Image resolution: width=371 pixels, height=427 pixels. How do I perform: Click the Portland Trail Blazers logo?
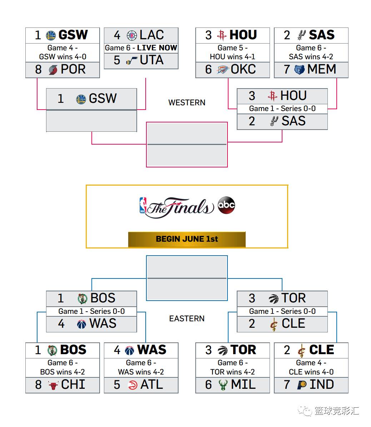tap(53, 70)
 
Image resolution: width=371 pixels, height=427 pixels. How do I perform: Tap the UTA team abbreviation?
tap(151, 60)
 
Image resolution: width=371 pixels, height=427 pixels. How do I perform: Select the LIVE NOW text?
tap(157, 48)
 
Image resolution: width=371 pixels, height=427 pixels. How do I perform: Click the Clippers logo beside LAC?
tap(132, 35)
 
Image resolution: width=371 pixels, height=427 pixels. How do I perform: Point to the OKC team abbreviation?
tap(243, 69)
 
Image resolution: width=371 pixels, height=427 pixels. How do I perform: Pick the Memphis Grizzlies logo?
tap(299, 70)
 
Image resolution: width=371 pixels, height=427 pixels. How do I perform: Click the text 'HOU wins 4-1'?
tap(232, 57)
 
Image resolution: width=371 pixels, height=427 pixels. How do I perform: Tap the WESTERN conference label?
tap(187, 103)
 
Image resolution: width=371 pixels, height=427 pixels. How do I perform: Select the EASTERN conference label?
tap(187, 318)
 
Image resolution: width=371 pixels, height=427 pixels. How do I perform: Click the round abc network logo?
tap(226, 205)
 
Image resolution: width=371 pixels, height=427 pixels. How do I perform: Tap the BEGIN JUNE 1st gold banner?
tap(187, 239)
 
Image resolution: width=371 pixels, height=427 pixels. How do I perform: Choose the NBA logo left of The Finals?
tap(143, 206)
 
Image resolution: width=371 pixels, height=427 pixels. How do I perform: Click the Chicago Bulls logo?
tap(53, 385)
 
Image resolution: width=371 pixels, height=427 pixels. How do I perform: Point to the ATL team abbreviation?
tap(151, 385)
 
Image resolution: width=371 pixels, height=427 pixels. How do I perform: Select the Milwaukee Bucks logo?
tap(223, 385)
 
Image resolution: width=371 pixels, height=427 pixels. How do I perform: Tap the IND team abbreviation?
tap(321, 385)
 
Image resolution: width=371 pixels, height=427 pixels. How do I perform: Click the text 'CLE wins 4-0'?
tap(311, 372)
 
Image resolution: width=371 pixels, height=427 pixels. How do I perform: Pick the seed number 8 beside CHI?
tap(38, 385)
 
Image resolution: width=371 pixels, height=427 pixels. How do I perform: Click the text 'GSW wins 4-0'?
tap(62, 57)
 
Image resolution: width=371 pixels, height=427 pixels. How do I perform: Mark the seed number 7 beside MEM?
tap(287, 69)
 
